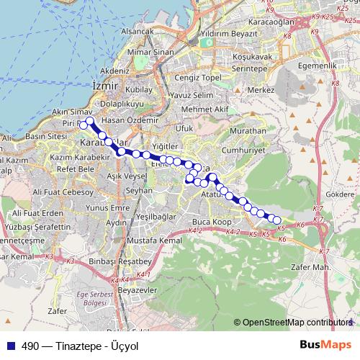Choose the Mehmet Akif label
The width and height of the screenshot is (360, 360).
tap(204, 109)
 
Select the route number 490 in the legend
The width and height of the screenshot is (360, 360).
tap(30, 346)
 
